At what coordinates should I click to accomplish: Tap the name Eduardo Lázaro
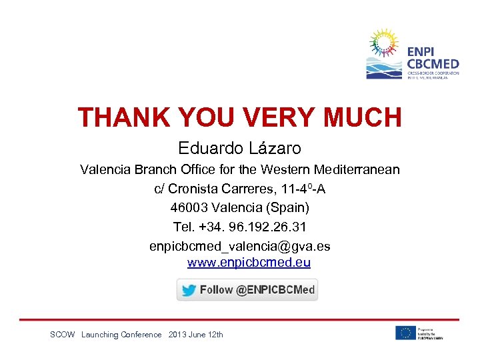[239, 148]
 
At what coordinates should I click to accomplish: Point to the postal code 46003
[190, 207]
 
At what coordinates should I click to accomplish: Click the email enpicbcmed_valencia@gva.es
[239, 246]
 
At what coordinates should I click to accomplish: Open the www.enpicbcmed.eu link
[249, 263]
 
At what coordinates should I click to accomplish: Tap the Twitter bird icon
[189, 290]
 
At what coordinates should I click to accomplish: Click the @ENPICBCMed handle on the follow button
[275, 290]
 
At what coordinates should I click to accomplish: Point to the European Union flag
[405, 333]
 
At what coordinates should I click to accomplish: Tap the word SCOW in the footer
[63, 335]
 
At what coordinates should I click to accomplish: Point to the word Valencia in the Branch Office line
[105, 169]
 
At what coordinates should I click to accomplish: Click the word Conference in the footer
[141, 335]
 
